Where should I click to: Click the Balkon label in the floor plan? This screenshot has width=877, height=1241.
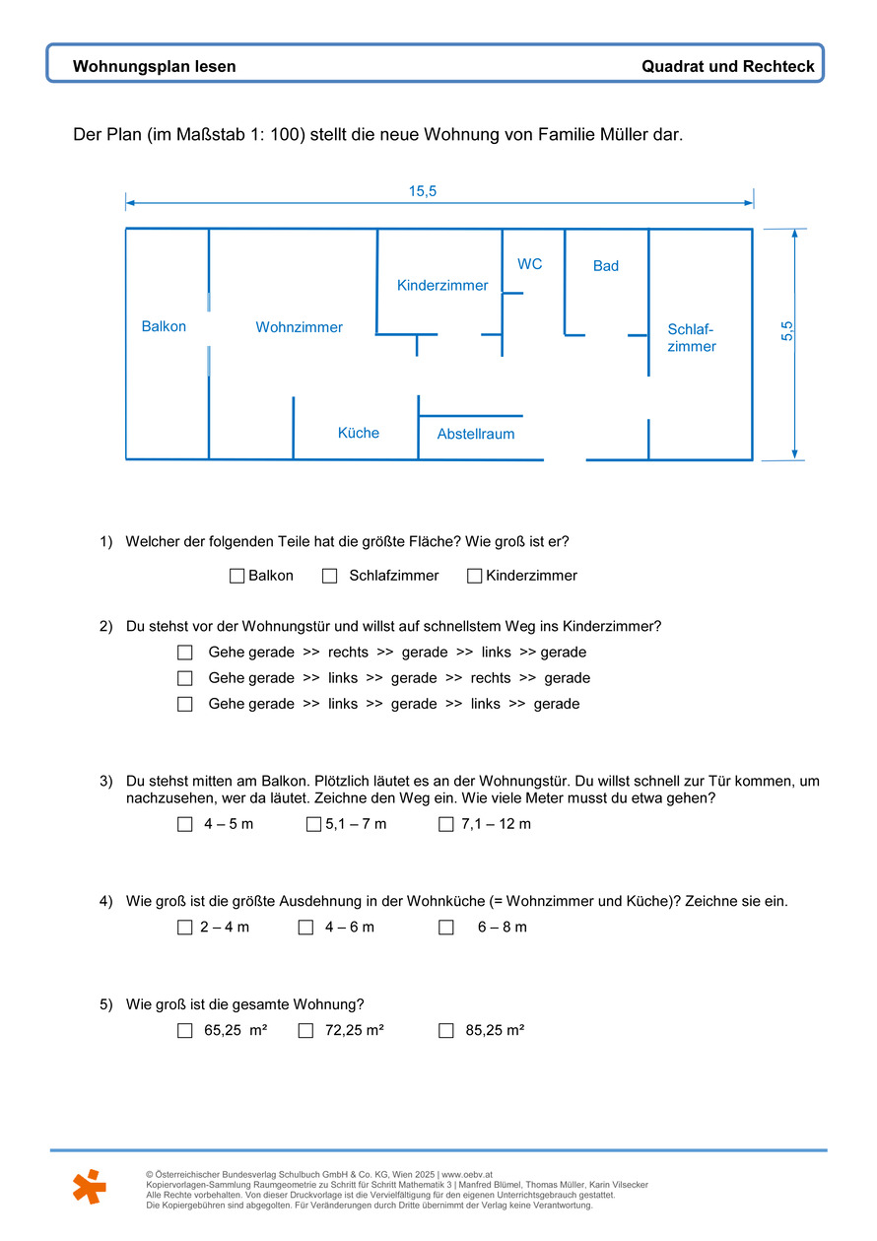[x=164, y=326]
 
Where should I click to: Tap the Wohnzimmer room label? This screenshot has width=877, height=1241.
[x=299, y=327]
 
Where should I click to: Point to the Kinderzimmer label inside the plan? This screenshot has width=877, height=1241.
[x=442, y=285]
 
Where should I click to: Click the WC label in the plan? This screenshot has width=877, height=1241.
[x=530, y=264]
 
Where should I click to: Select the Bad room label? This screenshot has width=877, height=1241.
[x=606, y=266]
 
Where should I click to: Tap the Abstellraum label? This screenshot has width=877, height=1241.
[x=476, y=434]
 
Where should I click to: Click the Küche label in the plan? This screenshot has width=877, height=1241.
[x=359, y=433]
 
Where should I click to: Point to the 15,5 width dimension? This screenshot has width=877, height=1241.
[x=423, y=191]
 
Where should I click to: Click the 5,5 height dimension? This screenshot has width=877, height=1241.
[x=787, y=331]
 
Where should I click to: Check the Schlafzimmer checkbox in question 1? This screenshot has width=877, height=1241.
[x=330, y=576]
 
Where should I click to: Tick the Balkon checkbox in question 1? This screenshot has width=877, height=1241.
[x=236, y=576]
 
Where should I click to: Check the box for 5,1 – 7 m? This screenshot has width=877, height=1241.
[x=313, y=824]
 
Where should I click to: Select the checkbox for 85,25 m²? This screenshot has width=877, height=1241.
[x=446, y=1031]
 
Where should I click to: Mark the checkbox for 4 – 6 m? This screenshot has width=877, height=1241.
[x=305, y=928]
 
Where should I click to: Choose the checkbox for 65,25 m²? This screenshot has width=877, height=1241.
[x=185, y=1031]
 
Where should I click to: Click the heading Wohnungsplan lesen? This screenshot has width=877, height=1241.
[x=155, y=67]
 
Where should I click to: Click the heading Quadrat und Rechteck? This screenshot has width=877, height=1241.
[x=728, y=67]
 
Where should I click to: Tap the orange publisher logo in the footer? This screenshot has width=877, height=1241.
[x=90, y=1186]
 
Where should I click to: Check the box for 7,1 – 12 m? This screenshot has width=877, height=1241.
[x=446, y=824]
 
